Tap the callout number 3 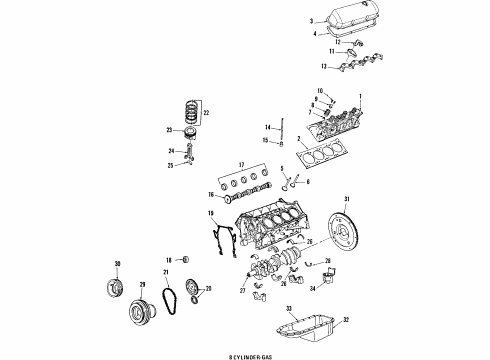312,20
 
